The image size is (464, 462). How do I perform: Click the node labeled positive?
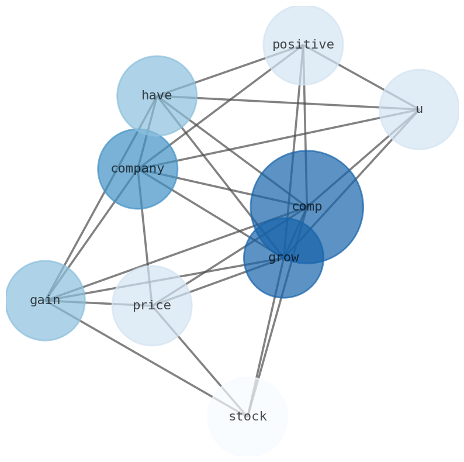(303, 44)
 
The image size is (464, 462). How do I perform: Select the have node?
(157, 95)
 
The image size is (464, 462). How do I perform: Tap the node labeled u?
(419, 109)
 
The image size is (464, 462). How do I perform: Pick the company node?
(138, 169)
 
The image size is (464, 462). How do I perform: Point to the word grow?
(283, 258)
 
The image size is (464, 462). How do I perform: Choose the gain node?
(45, 301)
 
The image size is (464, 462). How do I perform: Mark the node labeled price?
(152, 306)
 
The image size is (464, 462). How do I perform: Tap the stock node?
(248, 417)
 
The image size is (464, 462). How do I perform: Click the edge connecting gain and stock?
(146, 358)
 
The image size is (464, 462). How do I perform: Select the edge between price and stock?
(200, 361)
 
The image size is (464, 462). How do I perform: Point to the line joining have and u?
(288, 102)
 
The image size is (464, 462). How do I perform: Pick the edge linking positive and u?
(361, 77)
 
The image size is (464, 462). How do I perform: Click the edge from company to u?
(278, 139)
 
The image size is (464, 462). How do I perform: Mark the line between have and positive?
(230, 70)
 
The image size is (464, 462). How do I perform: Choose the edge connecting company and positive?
(220, 107)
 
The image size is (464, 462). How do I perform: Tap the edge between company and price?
(145, 237)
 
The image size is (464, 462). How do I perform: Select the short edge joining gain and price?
(98, 303)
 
